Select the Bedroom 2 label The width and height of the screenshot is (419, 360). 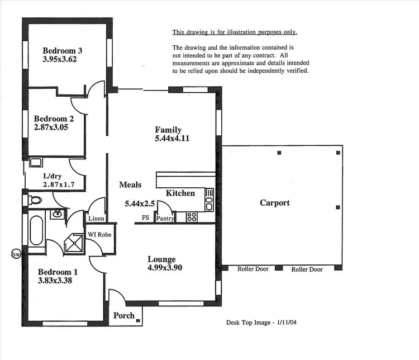click(54, 119)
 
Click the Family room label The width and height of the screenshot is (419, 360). click(168, 130)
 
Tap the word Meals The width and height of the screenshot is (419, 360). click(130, 185)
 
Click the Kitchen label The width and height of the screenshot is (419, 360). click(180, 193)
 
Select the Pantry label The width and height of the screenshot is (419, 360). click(165, 219)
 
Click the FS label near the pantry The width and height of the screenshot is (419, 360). click(145, 218)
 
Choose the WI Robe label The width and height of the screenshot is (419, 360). click(100, 235)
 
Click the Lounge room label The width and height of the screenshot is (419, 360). click(161, 259)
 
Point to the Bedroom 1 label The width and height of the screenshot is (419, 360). click(58, 272)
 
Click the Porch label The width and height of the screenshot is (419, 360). click(124, 315)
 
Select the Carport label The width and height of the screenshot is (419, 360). click(275, 202)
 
